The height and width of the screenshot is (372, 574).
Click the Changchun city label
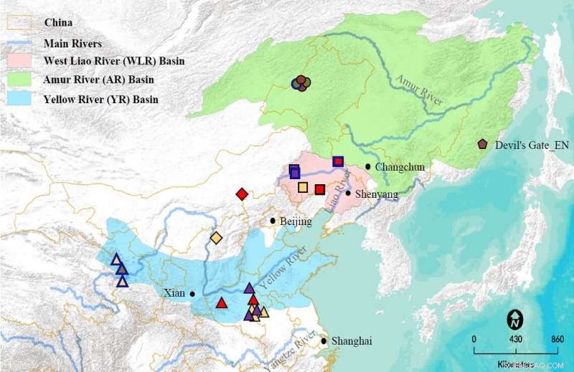pos(400,167)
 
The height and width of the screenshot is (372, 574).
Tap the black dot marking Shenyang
pos(348,193)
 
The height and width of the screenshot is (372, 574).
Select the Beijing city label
pos(296,221)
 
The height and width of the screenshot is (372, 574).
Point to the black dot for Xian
pos(192,293)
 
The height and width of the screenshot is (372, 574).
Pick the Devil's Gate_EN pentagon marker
pos(482,145)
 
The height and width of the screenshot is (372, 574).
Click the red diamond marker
pos(243,194)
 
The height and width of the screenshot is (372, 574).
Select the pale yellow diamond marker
pos(216,238)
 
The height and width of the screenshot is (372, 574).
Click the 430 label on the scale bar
pos(515,339)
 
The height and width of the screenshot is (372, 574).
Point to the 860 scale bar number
pos(557,339)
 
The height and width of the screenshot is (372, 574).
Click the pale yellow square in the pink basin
pos(303,188)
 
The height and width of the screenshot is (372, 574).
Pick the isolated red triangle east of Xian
pos(222,302)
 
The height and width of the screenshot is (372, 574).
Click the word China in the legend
pos(58,23)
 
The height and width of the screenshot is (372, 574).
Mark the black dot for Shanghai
pos(324,341)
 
